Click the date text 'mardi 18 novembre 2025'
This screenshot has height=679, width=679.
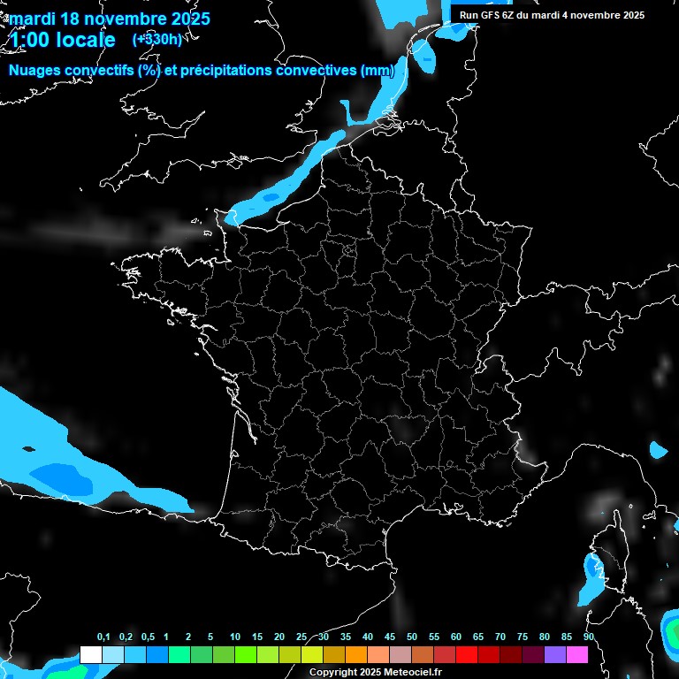[x=110, y=19]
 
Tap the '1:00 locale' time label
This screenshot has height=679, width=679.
[x=62, y=40]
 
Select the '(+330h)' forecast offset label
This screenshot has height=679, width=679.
[x=156, y=39]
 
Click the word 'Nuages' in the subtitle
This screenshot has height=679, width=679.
[x=35, y=71]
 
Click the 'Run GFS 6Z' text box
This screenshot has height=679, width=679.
[x=552, y=15]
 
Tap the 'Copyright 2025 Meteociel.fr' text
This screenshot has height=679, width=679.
[x=376, y=672]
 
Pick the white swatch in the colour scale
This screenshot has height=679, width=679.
[x=90, y=655]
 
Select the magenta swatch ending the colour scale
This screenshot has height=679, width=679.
[x=577, y=655]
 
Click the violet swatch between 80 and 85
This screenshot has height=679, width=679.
[x=555, y=655]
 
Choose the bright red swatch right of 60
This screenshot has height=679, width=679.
[x=467, y=655]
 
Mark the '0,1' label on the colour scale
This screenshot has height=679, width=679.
[x=103, y=637]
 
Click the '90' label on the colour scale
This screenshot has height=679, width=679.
[x=589, y=637]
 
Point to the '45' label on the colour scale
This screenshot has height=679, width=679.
[x=390, y=637]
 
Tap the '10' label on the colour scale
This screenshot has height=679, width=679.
[x=235, y=637]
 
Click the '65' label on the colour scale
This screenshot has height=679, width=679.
[x=478, y=637]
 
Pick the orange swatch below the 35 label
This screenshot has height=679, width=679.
[x=356, y=655]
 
